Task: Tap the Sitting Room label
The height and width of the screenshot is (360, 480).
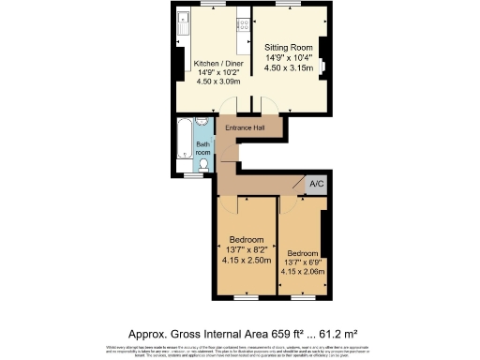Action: coord(288,46)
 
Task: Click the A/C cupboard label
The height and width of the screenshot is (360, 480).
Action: coord(316,185)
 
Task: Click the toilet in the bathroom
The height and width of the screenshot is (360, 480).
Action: coord(203,164)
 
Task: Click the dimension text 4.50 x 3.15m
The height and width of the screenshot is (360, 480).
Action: coord(288,67)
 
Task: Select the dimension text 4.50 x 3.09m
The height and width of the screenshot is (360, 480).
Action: coord(217,82)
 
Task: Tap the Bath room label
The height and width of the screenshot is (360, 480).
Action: coord(202,148)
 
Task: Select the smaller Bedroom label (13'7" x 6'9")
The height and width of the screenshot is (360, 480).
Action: coord(302,253)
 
